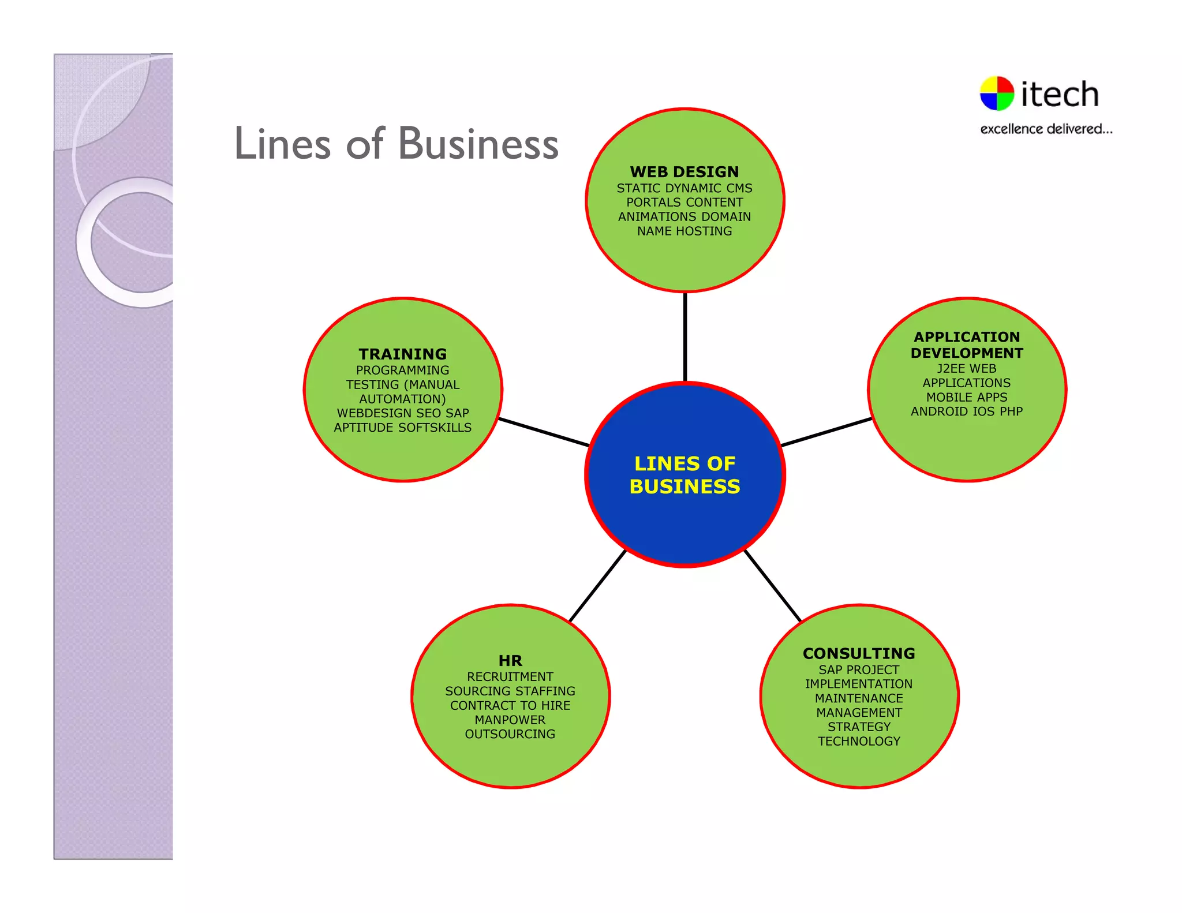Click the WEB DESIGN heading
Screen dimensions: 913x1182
tap(684, 172)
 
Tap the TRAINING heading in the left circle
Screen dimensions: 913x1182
tap(403, 354)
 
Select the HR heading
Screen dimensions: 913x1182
tap(510, 660)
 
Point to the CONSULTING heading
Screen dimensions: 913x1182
tap(859, 653)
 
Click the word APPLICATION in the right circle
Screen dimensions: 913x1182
tap(967, 336)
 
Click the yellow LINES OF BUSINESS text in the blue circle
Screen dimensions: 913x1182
tap(684, 475)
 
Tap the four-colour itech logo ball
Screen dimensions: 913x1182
tap(997, 93)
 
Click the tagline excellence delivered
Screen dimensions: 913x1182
tap(1046, 129)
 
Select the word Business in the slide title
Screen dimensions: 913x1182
tap(478, 144)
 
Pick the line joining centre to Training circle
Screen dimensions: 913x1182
tap(544, 432)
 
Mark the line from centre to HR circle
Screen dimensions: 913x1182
tap(597, 586)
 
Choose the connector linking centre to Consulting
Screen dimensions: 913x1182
tap(773, 586)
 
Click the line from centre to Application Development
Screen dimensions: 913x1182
tap(826, 432)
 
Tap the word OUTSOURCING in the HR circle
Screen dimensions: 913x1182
tap(510, 734)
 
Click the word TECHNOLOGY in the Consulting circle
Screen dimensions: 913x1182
tap(859, 741)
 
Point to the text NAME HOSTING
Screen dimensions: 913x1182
tap(684, 231)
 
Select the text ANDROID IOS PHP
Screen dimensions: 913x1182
tap(967, 411)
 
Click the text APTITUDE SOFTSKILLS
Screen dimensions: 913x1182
tap(403, 428)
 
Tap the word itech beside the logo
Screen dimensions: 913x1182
tap(1060, 94)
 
